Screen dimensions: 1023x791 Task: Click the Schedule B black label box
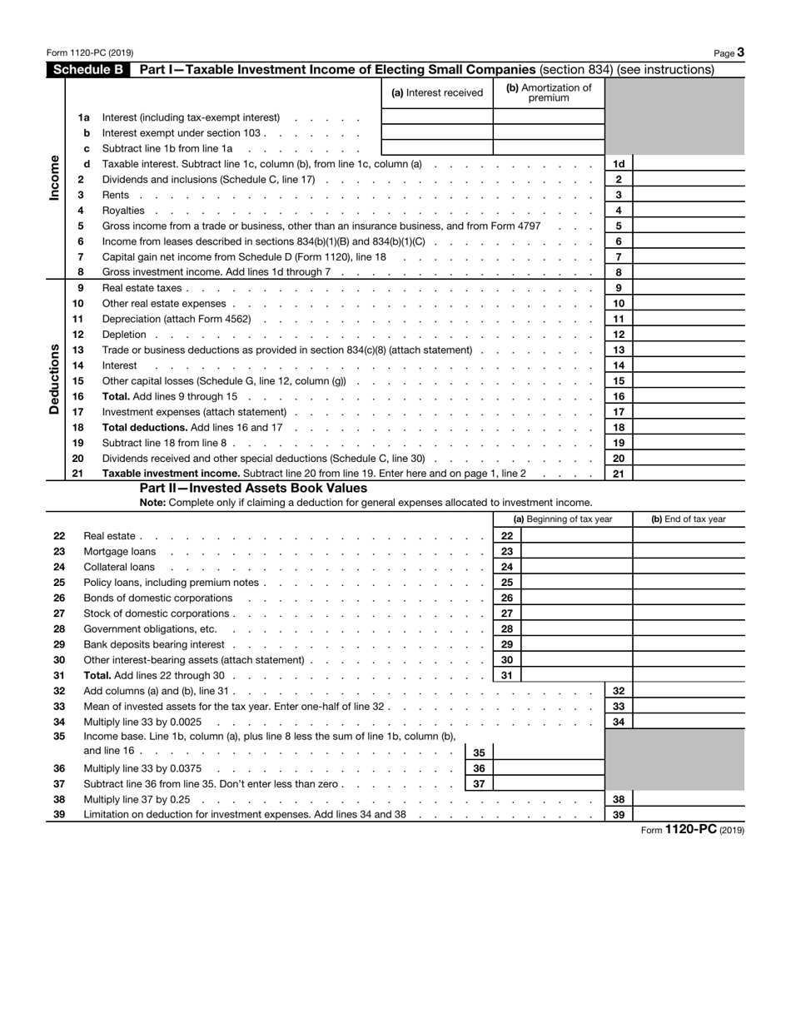coord(90,70)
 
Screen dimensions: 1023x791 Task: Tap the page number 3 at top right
coord(740,52)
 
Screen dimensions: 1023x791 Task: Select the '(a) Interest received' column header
coord(437,92)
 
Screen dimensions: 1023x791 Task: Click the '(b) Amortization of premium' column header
coord(549,92)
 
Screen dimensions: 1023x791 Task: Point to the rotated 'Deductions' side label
coord(55,379)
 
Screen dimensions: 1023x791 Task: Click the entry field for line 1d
coord(689,164)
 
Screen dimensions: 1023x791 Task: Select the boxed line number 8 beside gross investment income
coord(619,272)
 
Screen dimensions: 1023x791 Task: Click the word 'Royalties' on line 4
coord(123,211)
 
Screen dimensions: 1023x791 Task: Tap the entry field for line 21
coord(689,474)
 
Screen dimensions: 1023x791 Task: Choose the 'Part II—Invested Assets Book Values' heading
coord(253,489)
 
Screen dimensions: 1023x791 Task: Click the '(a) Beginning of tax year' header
coord(563,519)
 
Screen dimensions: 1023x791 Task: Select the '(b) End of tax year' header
coord(689,519)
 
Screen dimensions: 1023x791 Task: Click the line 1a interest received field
coord(437,117)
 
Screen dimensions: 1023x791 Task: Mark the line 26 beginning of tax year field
coord(577,598)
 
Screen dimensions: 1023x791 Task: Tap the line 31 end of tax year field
coord(689,675)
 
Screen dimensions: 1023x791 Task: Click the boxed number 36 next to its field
coord(479,768)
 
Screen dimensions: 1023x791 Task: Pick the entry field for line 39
coord(689,815)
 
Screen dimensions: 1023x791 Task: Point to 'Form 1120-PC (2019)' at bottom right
coord(693,830)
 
